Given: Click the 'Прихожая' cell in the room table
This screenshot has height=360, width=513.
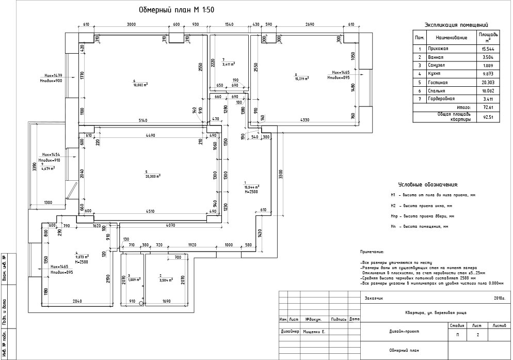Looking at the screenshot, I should tap(438, 49).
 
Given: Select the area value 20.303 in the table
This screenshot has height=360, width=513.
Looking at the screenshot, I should tap(485, 83).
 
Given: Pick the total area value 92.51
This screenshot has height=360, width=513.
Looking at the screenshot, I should tap(485, 117).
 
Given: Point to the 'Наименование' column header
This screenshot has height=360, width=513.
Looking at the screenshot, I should tap(451, 38).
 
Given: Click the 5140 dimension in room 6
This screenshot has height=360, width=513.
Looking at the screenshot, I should tap(143, 120).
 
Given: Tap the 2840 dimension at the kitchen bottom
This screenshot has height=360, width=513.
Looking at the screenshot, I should tap(77, 301).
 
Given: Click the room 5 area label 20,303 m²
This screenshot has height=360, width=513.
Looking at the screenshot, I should tap(152, 175).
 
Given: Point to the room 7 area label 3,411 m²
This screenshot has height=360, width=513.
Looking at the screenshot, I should tap(228, 64).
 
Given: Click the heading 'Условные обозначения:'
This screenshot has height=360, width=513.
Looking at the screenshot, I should tap(428, 184).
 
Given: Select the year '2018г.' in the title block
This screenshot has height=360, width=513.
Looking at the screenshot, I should tap(499, 298).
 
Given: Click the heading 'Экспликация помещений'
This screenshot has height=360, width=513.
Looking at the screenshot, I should tap(456, 24).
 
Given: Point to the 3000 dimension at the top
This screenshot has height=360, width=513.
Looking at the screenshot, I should tap(131, 25).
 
